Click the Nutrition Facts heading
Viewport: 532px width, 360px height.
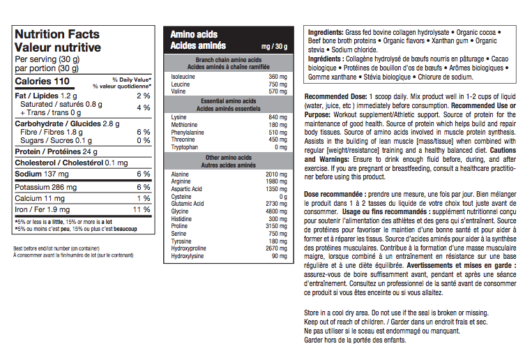[x=57, y=34]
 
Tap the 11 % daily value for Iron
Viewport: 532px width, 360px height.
[x=142, y=209]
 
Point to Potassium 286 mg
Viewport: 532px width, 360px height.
[x=47, y=187]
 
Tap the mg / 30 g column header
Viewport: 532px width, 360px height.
[x=273, y=46]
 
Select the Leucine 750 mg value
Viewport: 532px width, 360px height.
[x=278, y=84]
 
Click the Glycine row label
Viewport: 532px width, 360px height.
[x=180, y=211]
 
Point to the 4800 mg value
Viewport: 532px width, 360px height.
[x=276, y=211]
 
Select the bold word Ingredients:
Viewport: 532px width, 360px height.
[x=324, y=33]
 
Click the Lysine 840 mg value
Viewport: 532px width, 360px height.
[x=278, y=117]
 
